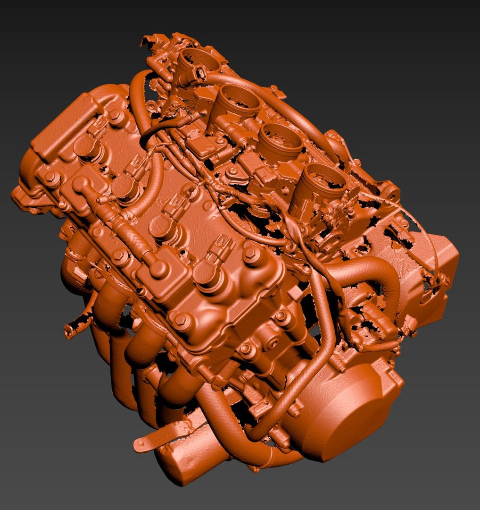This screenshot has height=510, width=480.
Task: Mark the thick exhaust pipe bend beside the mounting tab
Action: (222, 420)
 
